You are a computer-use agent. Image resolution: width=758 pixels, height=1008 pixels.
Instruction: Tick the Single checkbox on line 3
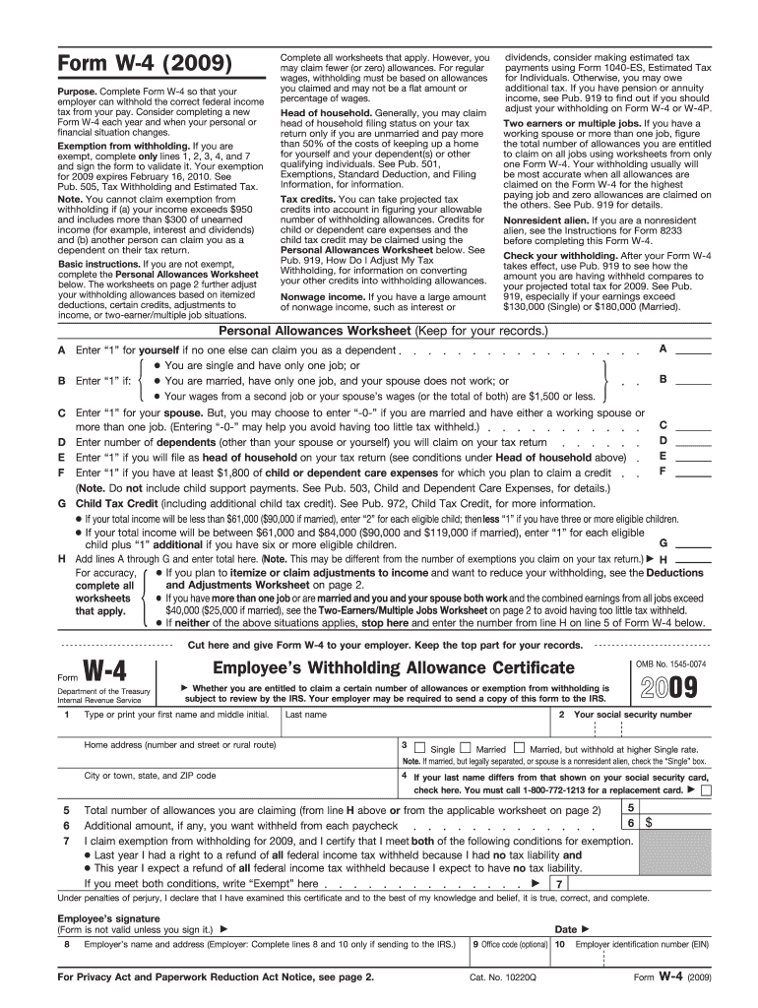tap(420, 748)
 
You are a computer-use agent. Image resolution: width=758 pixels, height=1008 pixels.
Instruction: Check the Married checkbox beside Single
tap(466, 748)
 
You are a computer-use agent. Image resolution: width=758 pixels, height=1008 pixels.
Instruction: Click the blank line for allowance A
tap(693, 350)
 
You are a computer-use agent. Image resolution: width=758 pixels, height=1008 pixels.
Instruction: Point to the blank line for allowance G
tap(693, 543)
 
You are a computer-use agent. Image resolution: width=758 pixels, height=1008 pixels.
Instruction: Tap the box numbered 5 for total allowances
tap(630, 807)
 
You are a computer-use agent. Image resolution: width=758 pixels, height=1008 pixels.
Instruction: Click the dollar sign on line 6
tap(650, 823)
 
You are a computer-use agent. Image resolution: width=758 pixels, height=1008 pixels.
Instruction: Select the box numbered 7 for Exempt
tap(559, 884)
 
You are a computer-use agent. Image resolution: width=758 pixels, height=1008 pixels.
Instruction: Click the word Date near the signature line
tap(566, 929)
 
